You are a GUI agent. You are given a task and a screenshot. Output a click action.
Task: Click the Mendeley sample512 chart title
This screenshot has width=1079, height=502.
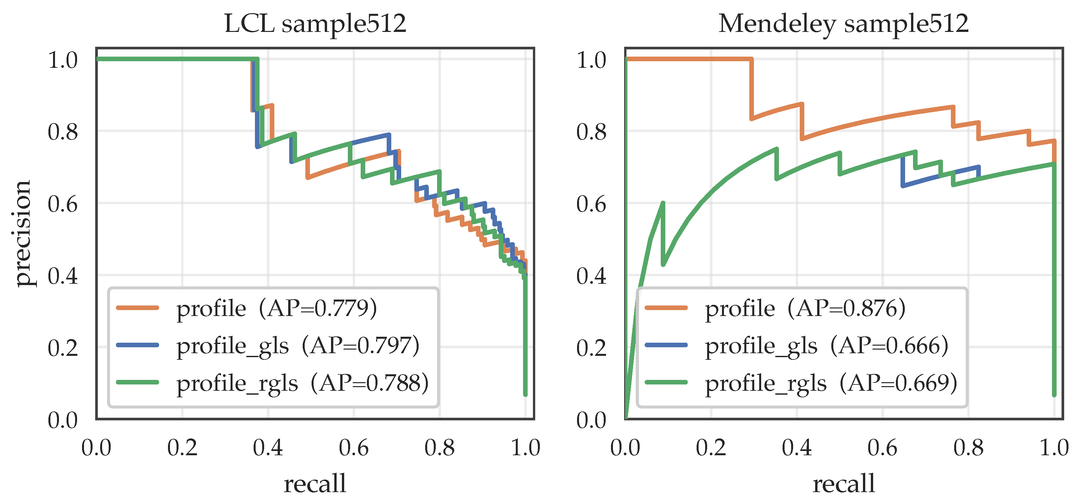tap(844, 23)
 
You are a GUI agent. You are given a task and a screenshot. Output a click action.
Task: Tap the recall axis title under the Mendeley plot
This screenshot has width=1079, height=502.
tap(844, 483)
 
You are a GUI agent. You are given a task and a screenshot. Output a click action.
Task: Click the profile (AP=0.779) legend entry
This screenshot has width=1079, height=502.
tap(247, 308)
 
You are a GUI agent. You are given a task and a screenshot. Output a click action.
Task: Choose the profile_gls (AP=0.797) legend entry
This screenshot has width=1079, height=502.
tap(268, 346)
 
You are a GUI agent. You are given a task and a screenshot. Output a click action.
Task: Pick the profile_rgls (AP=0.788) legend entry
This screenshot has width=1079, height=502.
tap(273, 383)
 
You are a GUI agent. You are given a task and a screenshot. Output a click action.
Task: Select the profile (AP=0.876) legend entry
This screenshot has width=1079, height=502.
tap(775, 308)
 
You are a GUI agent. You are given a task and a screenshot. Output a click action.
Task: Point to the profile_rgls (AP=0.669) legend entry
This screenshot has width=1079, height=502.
tap(801, 383)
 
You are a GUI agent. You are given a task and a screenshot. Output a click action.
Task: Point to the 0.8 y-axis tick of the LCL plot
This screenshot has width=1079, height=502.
tap(63, 132)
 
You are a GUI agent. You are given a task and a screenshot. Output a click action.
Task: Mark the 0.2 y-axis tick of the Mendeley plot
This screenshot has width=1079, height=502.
tap(592, 348)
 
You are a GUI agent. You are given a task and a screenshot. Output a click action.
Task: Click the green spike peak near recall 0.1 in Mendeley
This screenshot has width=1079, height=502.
tap(663, 203)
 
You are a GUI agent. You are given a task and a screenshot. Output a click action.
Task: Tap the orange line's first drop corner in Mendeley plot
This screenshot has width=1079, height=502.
tap(752, 59)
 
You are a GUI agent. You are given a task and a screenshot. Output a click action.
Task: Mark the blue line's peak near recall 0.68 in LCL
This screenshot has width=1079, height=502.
tap(389, 135)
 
